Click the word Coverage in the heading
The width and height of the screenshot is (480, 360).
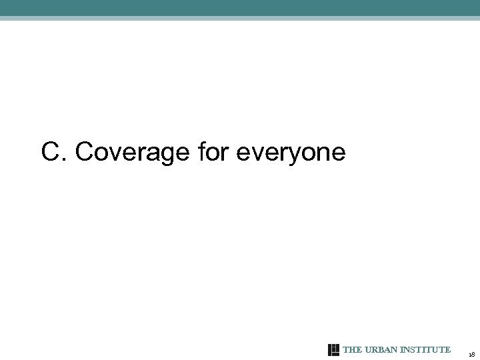tap(133, 153)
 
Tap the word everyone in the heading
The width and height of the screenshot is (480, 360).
tap(291, 153)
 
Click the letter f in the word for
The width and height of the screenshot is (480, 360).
tap(202, 152)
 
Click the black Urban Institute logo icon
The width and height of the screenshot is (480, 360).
tap(334, 350)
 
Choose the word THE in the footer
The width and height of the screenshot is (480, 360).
tap(351, 350)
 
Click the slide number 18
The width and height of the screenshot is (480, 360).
tap(471, 354)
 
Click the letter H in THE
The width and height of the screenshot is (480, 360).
tap(351, 350)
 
